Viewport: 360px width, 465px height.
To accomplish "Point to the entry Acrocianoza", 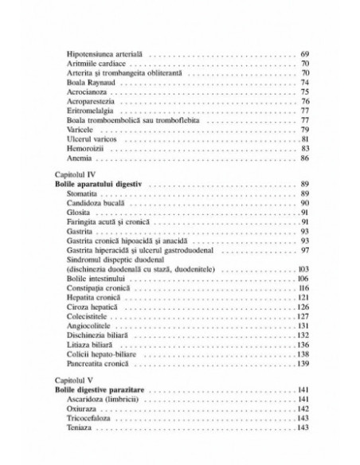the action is (x=88, y=92).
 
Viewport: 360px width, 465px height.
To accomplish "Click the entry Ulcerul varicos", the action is (x=92, y=139).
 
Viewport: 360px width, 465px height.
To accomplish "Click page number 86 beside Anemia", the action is (x=303, y=158).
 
